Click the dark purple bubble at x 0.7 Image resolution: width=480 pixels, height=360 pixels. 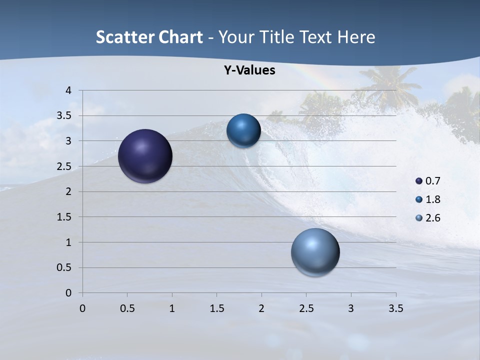(145, 156)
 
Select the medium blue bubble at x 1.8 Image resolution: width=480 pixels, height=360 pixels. (243, 131)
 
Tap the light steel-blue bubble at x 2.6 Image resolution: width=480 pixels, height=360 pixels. (315, 252)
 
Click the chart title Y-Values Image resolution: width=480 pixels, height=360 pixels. (249, 70)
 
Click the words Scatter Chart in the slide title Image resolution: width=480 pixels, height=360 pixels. (149, 37)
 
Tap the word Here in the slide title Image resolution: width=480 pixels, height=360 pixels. (356, 37)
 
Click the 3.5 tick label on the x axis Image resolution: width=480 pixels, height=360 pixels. (395, 308)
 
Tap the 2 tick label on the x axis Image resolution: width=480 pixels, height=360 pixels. (261, 308)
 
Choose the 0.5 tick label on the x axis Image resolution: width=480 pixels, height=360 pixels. (127, 308)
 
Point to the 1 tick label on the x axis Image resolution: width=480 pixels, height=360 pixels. (172, 308)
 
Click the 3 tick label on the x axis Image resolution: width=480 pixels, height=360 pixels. (351, 308)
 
